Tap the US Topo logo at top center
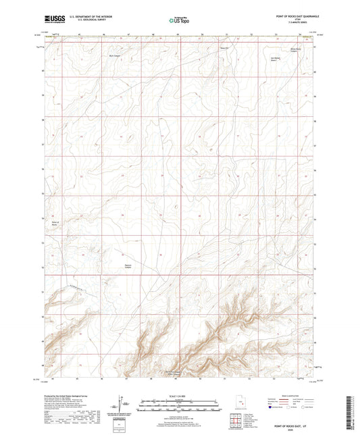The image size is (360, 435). pyautogui.click(x=179, y=20)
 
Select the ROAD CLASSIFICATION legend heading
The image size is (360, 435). pyautogui.click(x=291, y=399)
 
